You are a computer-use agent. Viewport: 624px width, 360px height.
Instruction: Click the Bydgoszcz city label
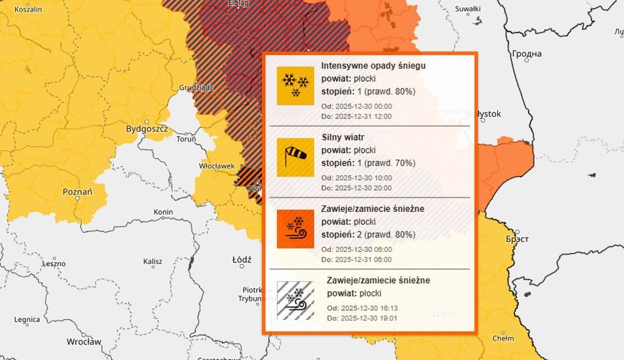pyautogui.click(x=147, y=129)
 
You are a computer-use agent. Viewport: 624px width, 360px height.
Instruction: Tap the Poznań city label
pyautogui.click(x=77, y=192)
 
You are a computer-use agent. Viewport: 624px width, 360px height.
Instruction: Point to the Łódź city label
pyautogui.click(x=241, y=259)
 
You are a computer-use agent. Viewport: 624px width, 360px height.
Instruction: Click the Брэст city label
pyautogui.click(x=517, y=238)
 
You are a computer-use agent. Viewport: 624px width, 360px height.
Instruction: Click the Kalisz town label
pyautogui.click(x=152, y=263)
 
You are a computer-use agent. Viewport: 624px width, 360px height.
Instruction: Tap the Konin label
pyautogui.click(x=163, y=213)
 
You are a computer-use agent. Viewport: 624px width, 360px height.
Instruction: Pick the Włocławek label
pyautogui.click(x=217, y=166)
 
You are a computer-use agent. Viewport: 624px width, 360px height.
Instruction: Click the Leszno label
pyautogui.click(x=54, y=263)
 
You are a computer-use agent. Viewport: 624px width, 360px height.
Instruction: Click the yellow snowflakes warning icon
pyautogui.click(x=296, y=85)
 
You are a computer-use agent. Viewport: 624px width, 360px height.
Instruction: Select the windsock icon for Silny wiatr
pyautogui.click(x=296, y=157)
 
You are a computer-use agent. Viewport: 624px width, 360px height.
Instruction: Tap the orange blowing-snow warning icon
pyautogui.click(x=296, y=228)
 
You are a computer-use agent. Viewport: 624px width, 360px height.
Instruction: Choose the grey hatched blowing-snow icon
pyautogui.click(x=296, y=300)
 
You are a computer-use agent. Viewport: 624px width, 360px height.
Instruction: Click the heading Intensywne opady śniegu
pyautogui.click(x=374, y=66)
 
